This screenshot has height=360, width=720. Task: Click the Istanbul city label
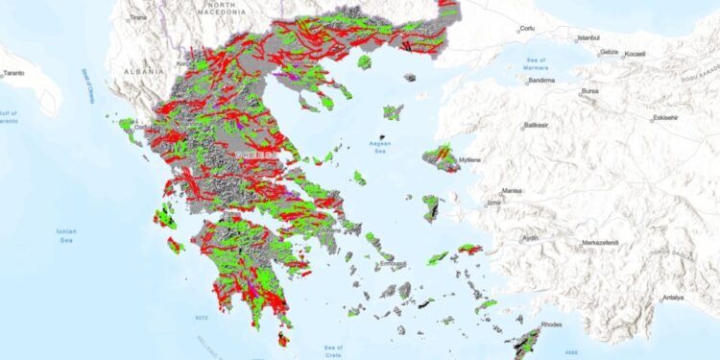coord(588,38)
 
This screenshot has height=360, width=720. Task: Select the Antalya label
coord(673,298)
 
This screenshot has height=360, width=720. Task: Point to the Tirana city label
coord(139,17)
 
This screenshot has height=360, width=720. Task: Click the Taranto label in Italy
coord(14,73)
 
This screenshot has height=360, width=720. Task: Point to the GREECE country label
coord(256,154)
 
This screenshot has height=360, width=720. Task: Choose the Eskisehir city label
coord(666,118)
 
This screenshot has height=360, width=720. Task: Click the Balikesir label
coord(539,126)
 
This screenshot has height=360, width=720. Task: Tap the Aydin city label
coord(530,237)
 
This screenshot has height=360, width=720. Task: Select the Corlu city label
coord(526,30)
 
